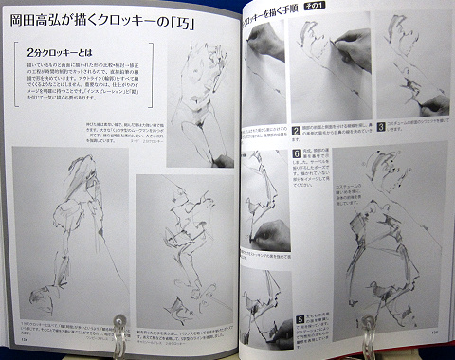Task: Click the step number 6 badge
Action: tap(296, 154)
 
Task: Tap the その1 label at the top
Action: tap(338, 9)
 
